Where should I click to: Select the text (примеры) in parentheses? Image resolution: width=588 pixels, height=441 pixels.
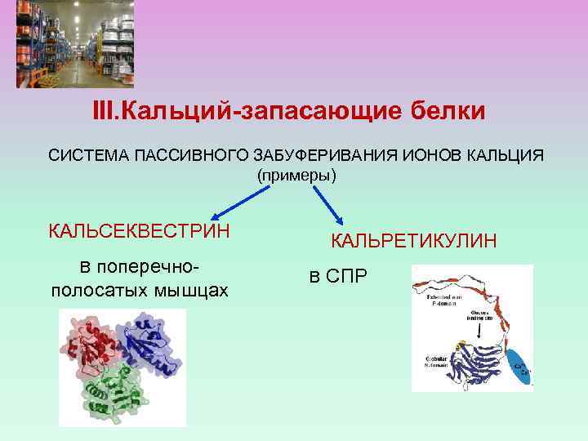(x=296, y=176)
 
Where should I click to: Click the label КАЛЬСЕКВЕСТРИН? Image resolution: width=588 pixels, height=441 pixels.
(x=139, y=230)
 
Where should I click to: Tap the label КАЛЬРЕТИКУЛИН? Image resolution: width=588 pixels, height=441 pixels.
(x=412, y=240)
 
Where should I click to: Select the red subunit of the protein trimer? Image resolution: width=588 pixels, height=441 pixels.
(x=89, y=343)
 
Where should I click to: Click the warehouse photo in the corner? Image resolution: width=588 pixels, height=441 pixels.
(x=76, y=43)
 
